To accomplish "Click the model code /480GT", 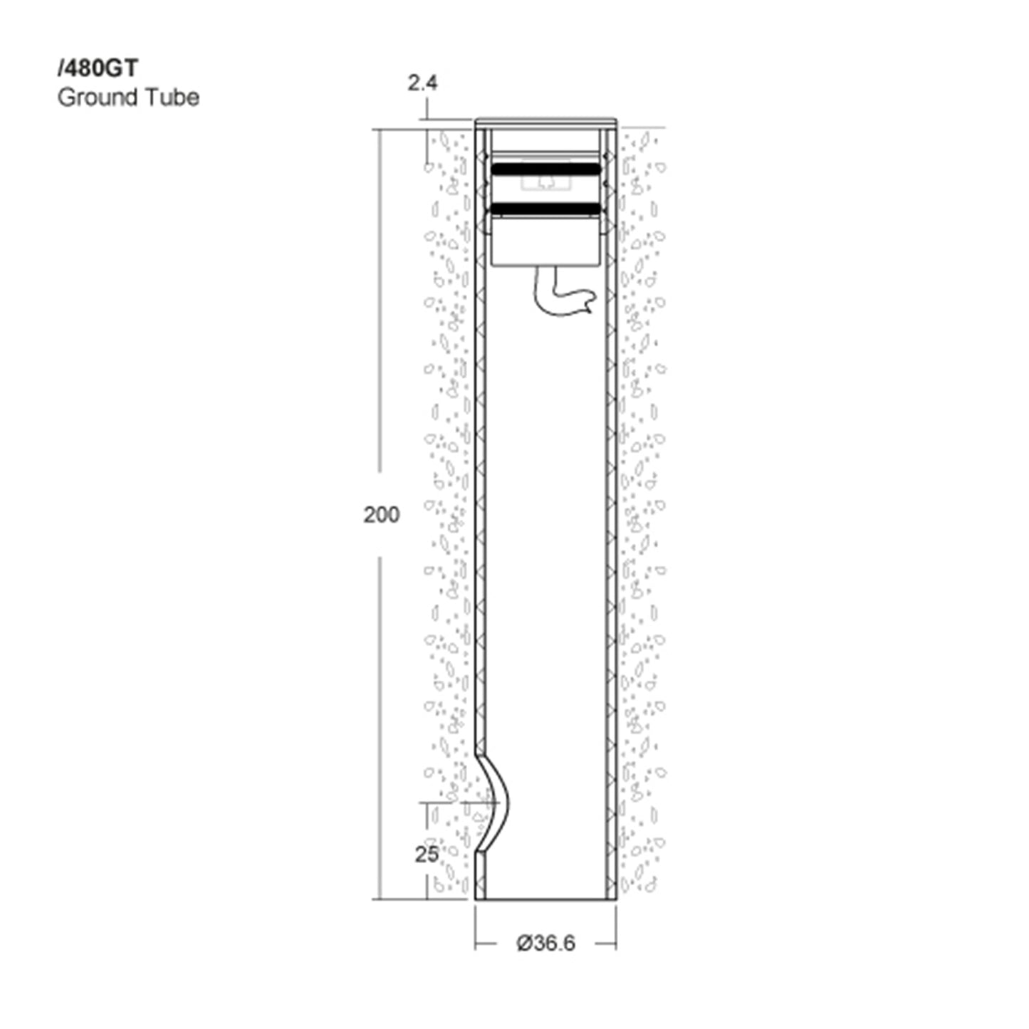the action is click(x=98, y=68).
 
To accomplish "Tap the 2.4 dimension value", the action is click(x=422, y=83).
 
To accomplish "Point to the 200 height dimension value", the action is click(x=381, y=515).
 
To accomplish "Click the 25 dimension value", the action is click(x=427, y=855).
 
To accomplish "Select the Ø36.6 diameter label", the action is click(x=545, y=943).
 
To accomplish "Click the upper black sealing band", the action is click(x=545, y=169).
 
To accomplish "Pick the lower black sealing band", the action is click(x=545, y=209).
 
